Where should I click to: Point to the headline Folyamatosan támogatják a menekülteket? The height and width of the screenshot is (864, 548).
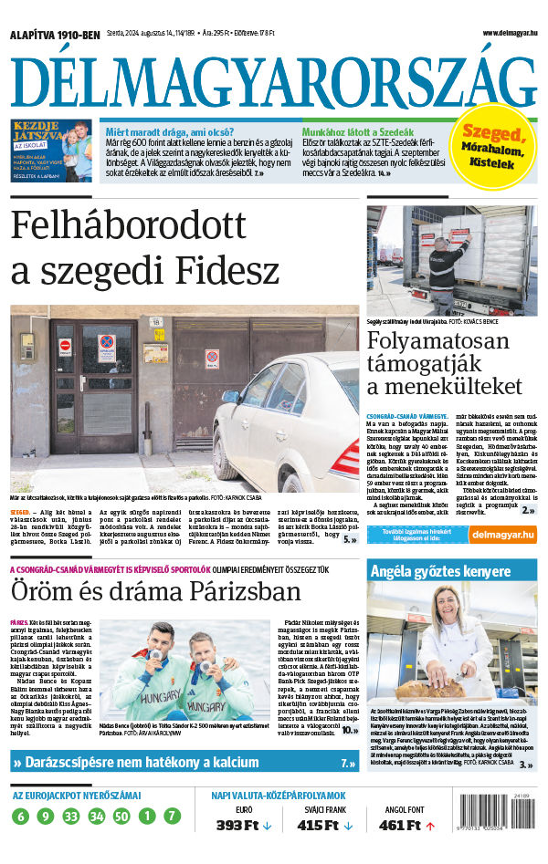click(x=444, y=363)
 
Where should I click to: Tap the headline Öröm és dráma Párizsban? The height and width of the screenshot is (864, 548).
click(x=156, y=592)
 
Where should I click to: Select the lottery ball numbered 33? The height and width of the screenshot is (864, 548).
click(x=72, y=816)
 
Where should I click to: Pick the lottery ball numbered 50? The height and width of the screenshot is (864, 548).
click(x=121, y=816)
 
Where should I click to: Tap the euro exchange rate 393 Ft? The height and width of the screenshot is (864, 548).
click(x=232, y=826)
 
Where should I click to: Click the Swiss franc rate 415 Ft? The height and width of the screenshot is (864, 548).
click(x=313, y=826)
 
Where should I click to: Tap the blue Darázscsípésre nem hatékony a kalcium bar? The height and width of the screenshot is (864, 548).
click(x=183, y=762)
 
